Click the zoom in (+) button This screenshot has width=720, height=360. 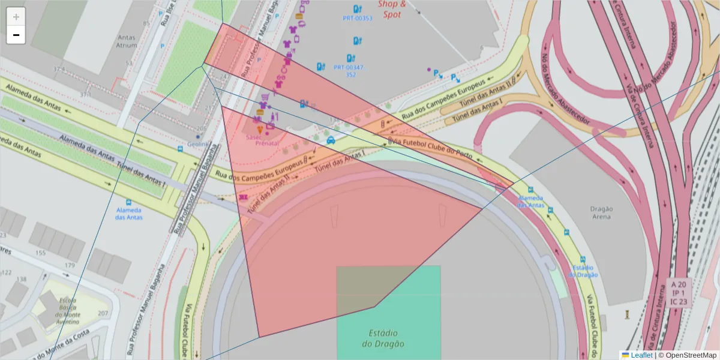[16, 17]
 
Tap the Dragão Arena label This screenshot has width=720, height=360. [601, 212]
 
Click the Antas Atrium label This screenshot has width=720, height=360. [127, 41]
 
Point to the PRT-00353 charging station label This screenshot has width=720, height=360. [358, 18]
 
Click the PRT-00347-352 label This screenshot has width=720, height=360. [349, 71]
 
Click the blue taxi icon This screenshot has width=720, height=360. [331, 140]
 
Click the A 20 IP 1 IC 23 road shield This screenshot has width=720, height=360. [679, 293]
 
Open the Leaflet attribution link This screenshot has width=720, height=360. [641, 355]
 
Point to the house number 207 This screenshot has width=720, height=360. [103, 314]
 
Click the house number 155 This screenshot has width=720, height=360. [40, 253]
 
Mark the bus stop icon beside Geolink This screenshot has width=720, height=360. [181, 148]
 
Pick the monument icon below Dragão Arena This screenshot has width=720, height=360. [628, 314]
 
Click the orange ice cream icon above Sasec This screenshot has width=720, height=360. [259, 128]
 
